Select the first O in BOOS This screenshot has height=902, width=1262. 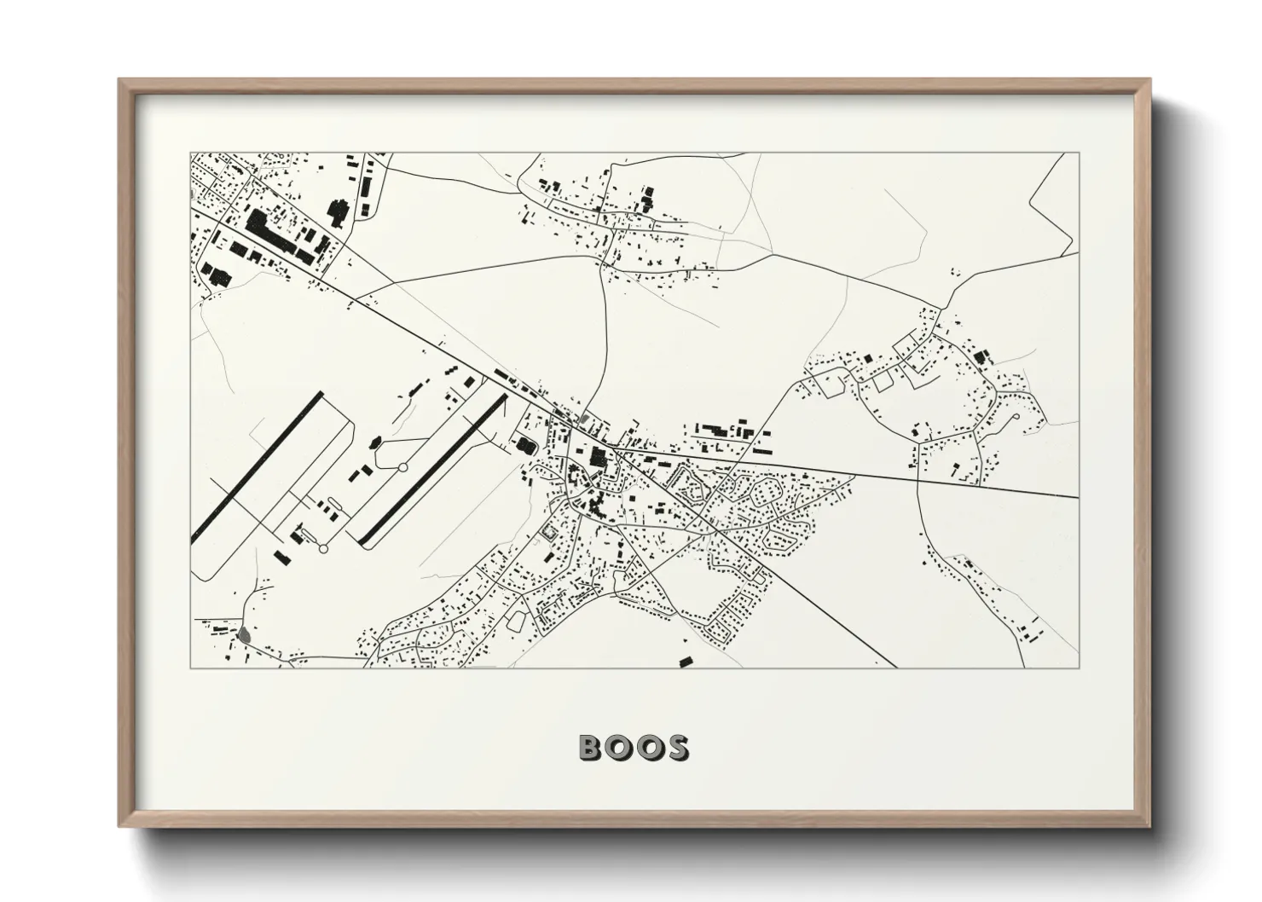click(619, 748)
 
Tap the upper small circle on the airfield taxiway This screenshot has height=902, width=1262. click(402, 467)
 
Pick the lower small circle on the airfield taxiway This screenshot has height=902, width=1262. click(323, 549)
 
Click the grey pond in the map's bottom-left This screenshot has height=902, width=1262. click(246, 634)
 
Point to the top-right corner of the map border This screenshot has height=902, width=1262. click(1079, 153)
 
